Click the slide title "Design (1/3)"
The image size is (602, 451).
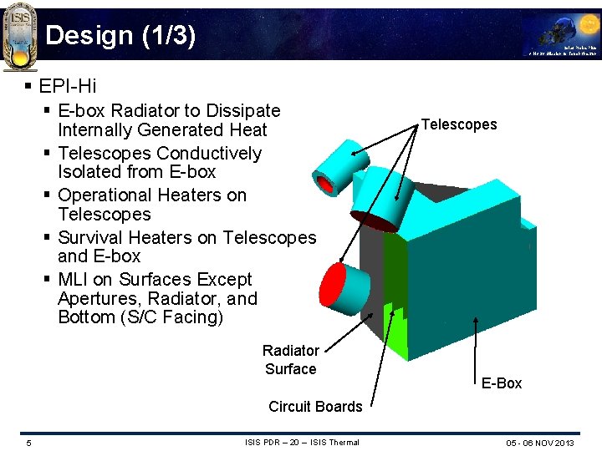pos(120,36)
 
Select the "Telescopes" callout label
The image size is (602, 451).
pos(459,124)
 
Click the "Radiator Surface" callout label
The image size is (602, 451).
pos(290,360)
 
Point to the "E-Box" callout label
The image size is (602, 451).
pos(501,383)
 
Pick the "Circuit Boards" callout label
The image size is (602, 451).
pos(315,407)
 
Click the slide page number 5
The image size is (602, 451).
pos(28,443)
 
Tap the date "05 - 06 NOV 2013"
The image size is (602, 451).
pos(540,443)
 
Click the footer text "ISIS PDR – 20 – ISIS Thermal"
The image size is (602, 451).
pos(302,443)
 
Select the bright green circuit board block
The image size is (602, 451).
pos(393,334)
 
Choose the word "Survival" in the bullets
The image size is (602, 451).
pos(93,237)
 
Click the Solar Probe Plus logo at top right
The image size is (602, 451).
pos(560,38)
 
